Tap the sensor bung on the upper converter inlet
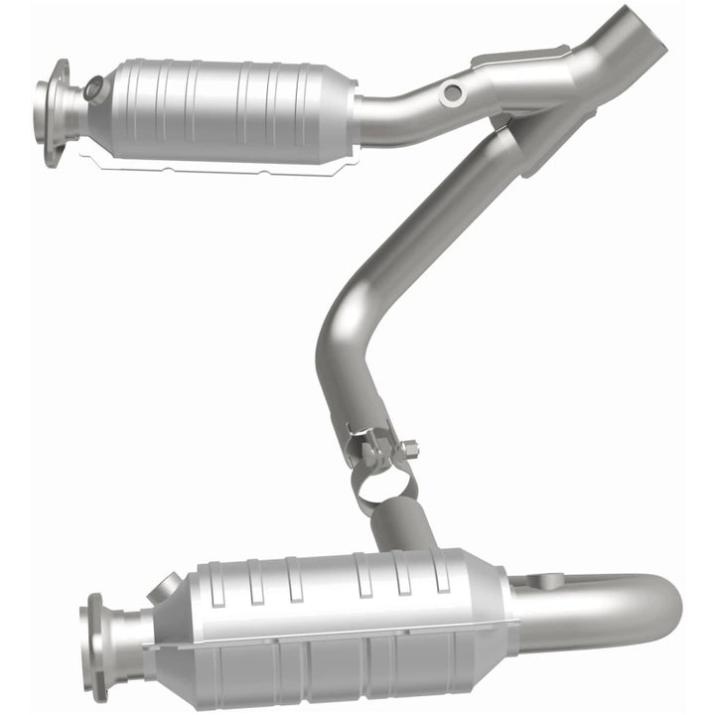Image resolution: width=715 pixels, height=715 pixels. tap(93, 88)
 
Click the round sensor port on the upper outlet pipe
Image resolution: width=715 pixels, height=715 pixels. tap(453, 92)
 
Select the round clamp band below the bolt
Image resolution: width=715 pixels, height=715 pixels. tap(382, 482)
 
